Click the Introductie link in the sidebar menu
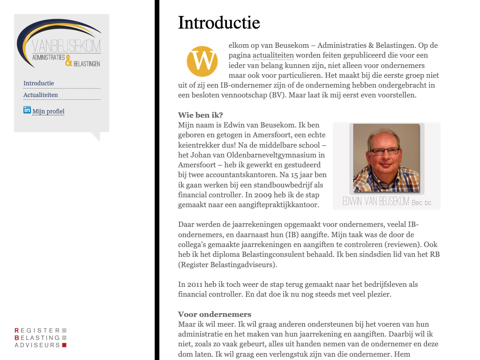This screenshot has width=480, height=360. pyautogui.click(x=38, y=83)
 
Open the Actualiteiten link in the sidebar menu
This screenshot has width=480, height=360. pyautogui.click(x=41, y=95)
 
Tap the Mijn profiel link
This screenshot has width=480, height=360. pyautogui.click(x=48, y=112)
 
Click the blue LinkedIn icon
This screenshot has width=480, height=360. pyautogui.click(x=27, y=110)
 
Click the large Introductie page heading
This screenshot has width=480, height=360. pyautogui.click(x=219, y=22)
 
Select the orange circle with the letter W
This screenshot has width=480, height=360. pyautogui.click(x=202, y=61)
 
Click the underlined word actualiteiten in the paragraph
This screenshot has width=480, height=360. pyautogui.click(x=273, y=56)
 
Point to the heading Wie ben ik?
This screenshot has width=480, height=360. pyautogui.click(x=200, y=115)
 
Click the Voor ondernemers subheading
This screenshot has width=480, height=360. pyautogui.click(x=215, y=315)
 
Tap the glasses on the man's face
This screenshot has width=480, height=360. pyautogui.click(x=385, y=151)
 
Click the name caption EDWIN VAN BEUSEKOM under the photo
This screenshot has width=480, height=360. pyautogui.click(x=376, y=202)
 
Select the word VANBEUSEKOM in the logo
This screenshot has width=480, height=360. pyautogui.click(x=67, y=46)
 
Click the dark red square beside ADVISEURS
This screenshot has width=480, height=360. pyautogui.click(x=64, y=345)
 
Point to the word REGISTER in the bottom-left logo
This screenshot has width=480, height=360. pyautogui.click(x=37, y=330)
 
